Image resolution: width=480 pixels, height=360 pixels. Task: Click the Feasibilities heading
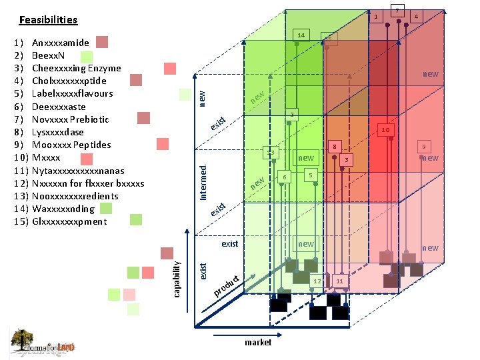[48, 20]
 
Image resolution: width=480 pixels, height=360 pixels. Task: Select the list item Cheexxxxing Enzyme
[76, 68]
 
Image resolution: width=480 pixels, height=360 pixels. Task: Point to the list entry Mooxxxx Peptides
[71, 145]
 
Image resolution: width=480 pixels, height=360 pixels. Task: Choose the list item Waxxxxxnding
[63, 209]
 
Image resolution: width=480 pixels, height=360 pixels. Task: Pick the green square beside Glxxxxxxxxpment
[136, 219]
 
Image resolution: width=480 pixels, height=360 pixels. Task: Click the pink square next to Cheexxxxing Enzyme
[170, 68]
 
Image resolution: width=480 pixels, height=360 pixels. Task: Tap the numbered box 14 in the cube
[301, 35]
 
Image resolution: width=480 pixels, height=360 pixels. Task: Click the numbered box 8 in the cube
[337, 147]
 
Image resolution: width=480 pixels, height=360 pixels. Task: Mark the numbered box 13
[271, 153]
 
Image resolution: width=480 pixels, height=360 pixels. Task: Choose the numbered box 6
[285, 177]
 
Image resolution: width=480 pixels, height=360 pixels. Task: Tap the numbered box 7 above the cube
[397, 11]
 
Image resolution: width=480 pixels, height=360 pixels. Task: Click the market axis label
[258, 342]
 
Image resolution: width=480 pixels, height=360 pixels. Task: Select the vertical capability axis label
[177, 279]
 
